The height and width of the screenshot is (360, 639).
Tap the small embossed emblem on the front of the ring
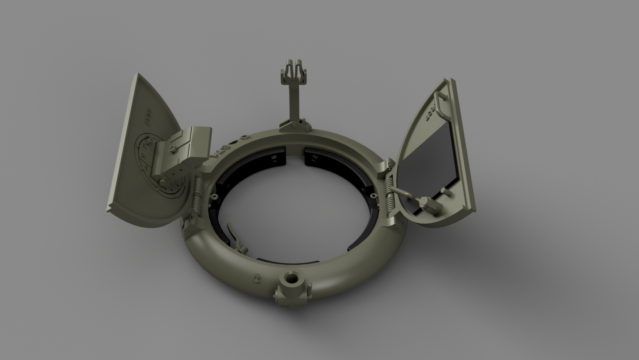pos(256,278)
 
